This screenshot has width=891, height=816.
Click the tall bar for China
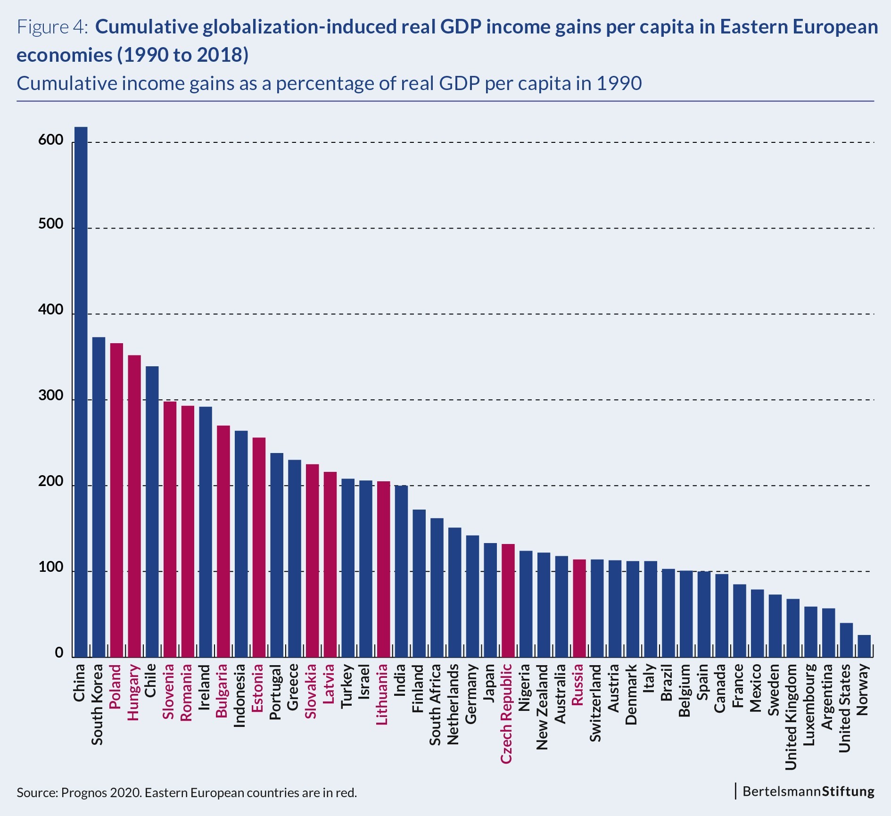pos(81,391)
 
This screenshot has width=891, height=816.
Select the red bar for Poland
pos(116,500)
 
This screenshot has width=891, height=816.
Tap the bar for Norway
pos(864,646)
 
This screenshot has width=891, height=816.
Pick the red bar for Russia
pos(579,608)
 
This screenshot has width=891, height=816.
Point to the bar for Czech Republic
pos(508,601)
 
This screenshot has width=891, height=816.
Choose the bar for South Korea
pos(99,497)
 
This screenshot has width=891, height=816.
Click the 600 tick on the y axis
pos(51,140)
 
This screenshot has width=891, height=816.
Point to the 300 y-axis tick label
pos(51,396)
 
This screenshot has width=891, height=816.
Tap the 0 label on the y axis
pos(59,653)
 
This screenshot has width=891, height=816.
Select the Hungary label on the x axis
pos(134,692)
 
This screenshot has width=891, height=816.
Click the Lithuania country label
pos(382,694)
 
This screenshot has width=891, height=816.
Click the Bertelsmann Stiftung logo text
pos(808,791)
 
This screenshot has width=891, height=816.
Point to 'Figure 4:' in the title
pos(52,27)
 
